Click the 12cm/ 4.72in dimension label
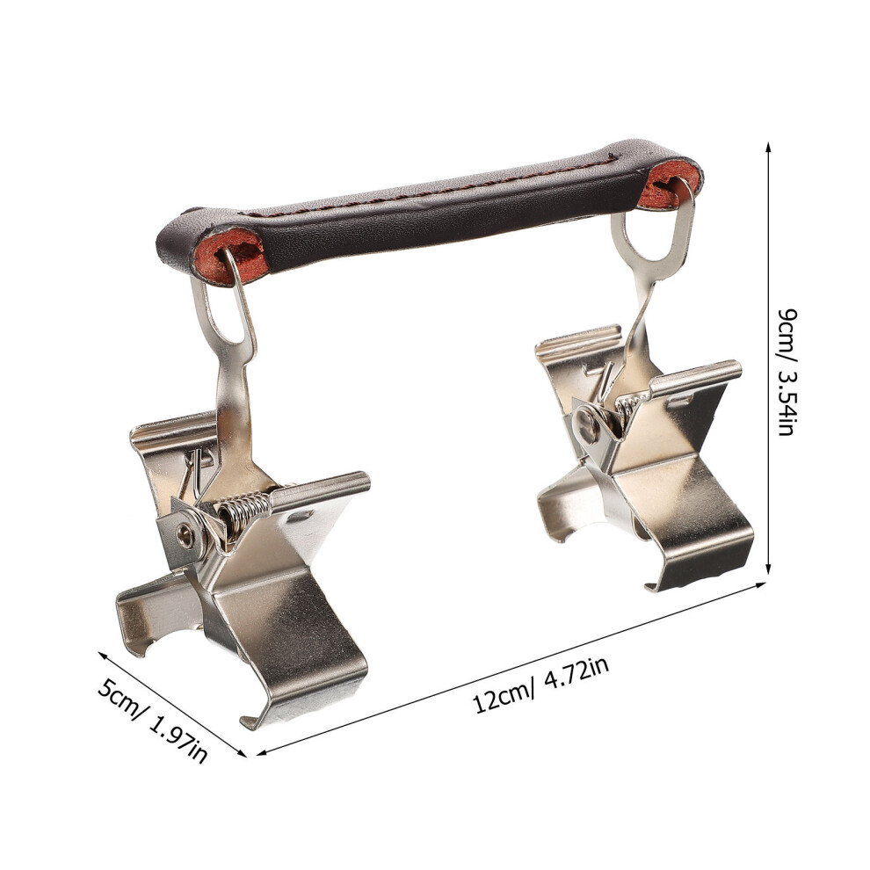[542, 684]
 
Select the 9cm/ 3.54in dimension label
[787, 372]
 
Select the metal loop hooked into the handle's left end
[223, 311]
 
